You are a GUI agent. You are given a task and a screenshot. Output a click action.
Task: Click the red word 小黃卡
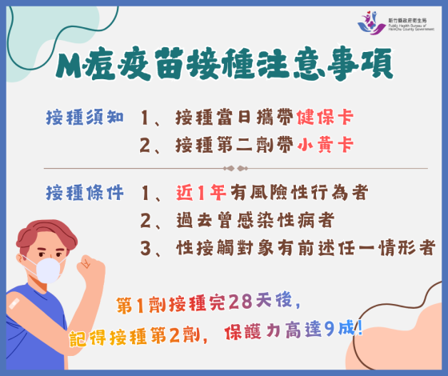click(x=324, y=146)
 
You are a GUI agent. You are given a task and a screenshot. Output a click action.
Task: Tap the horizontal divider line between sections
click(x=224, y=169)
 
